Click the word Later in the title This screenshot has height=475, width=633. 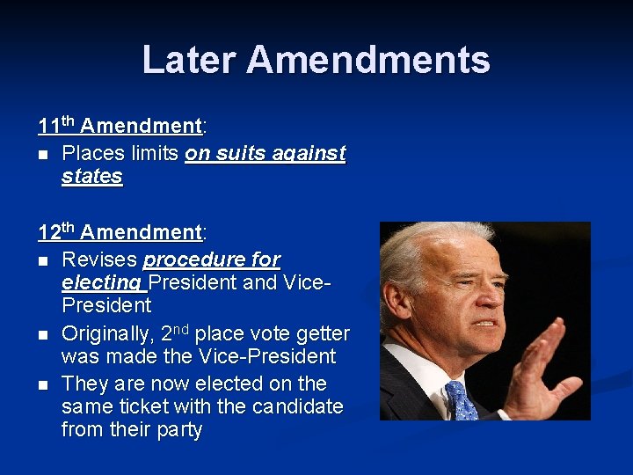click(189, 60)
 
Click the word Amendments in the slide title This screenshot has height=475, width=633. click(368, 60)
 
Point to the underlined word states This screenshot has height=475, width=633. click(92, 177)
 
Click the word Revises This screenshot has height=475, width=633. click(99, 260)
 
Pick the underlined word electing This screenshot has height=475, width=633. click(101, 283)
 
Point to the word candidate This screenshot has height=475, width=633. click(300, 407)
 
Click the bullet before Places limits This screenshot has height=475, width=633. click(42, 155)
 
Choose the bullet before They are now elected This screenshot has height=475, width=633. click(42, 385)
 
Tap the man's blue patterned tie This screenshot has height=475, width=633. click(461, 401)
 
